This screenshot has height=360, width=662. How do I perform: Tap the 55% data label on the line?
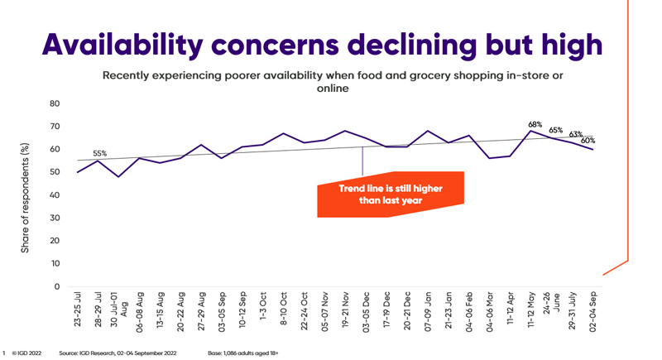pos(99,153)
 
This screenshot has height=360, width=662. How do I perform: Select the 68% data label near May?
pos(535,124)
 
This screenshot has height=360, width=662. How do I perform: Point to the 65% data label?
pos(556,130)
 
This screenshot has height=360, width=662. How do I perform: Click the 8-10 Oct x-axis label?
pos(284,310)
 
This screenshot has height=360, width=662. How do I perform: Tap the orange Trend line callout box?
pos(391,195)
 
